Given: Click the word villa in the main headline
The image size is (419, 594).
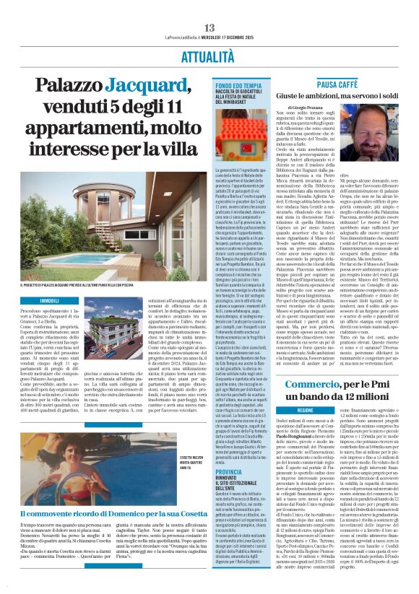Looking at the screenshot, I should [178, 148].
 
